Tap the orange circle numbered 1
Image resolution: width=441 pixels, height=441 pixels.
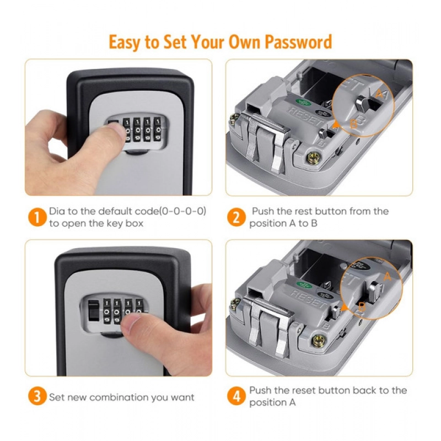[36, 217]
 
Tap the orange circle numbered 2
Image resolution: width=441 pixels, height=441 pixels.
[236, 217]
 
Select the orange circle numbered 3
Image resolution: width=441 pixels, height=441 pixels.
[36, 397]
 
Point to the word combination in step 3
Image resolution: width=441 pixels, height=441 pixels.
[114, 397]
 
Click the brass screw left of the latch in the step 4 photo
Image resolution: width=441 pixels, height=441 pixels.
[236, 302]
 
